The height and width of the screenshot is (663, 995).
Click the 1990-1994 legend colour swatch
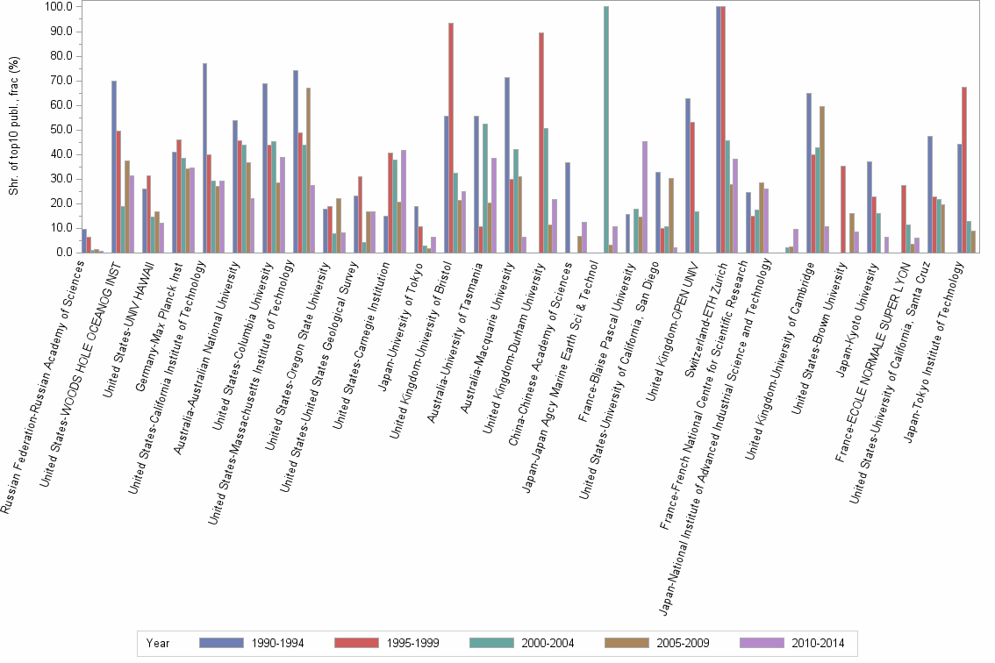point(223,643)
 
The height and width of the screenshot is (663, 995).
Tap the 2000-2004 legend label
point(548,643)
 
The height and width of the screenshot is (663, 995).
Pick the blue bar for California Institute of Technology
point(204,158)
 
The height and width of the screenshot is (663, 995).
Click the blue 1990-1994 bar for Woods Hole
point(114,167)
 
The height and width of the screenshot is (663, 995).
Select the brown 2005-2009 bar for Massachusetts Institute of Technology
point(308,170)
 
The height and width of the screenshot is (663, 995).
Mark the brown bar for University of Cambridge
point(822,179)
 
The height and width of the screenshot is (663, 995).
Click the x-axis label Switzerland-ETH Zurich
point(685,306)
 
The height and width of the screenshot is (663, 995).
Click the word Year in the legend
point(158,643)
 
